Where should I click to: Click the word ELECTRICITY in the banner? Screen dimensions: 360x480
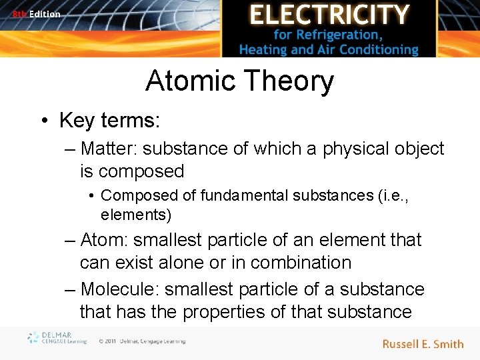pyautogui.click(x=329, y=15)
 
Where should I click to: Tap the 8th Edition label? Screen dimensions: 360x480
pyautogui.click(x=36, y=14)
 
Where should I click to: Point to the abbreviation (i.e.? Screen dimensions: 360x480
pyautogui.click(x=389, y=196)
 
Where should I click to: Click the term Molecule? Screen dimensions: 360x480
pyautogui.click(x=119, y=289)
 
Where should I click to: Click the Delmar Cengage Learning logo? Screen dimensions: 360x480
pyautogui.click(x=57, y=339)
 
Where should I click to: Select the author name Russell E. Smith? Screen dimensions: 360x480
pyautogui.click(x=423, y=344)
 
